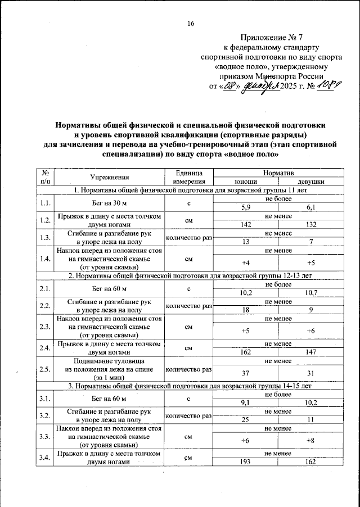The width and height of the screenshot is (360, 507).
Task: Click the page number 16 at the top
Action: (x=190, y=23)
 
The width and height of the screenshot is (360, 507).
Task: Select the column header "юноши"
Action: (x=248, y=182)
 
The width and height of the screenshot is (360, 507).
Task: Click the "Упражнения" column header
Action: (x=109, y=178)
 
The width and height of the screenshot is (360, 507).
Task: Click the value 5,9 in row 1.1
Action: (x=245, y=207)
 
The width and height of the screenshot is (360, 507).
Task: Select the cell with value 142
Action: (x=245, y=225)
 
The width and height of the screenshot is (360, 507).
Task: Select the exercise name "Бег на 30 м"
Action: (x=109, y=203)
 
